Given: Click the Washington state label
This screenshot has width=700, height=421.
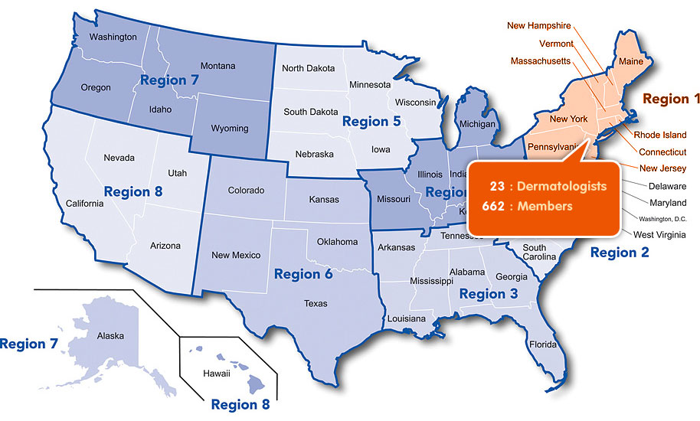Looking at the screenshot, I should (113, 37).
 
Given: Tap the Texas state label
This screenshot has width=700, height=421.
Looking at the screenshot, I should (316, 304).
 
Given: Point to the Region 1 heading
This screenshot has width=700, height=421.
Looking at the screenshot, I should (671, 99).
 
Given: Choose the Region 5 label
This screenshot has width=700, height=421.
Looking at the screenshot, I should (371, 121).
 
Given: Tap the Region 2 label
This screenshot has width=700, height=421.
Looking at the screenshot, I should (619, 252).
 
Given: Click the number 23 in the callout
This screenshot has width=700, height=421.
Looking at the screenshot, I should (498, 186).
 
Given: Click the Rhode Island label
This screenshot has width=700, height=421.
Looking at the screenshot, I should (660, 135).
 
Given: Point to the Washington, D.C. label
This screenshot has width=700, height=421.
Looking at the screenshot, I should (658, 219).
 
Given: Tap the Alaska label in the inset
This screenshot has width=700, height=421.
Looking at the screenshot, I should (110, 335).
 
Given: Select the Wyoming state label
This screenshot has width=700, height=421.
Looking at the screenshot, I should (230, 128).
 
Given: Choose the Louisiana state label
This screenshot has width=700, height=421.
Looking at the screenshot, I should (406, 318).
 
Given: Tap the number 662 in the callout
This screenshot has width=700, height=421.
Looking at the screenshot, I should (494, 205).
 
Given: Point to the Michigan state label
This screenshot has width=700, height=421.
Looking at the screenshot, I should (477, 124).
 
